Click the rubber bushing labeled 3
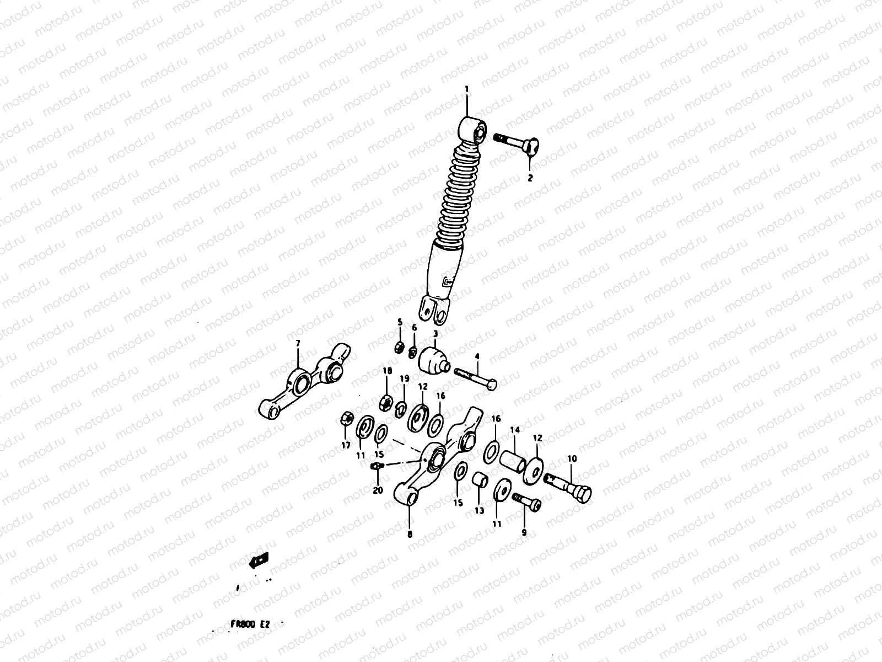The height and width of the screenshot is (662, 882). click(433, 360)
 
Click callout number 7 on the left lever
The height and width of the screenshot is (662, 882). click(298, 343)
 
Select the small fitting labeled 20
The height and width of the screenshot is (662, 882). click(375, 467)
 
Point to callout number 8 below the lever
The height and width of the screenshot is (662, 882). click(409, 534)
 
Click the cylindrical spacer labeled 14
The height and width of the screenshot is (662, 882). click(510, 461)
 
